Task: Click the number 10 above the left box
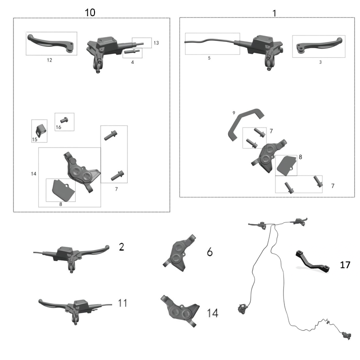[x=90, y=12]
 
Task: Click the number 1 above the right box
[x=274, y=13]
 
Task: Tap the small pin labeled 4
[x=132, y=51]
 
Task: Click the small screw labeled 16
[x=63, y=120]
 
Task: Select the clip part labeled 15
[x=40, y=130]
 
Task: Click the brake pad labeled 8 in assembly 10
[x=61, y=190]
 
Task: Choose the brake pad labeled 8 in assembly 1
[x=285, y=165]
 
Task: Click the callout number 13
[x=156, y=43]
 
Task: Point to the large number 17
[x=345, y=265]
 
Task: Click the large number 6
[x=210, y=252]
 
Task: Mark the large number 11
[x=122, y=303]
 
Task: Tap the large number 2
[x=121, y=247]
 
